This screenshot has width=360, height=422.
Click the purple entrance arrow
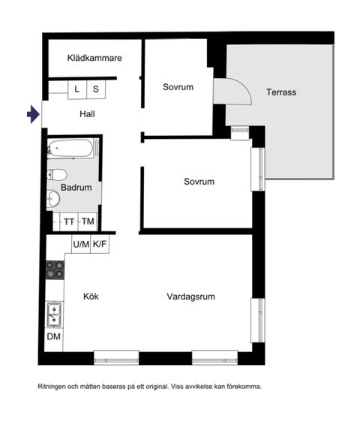pos(32,114)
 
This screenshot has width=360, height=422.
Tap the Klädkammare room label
pos(94,58)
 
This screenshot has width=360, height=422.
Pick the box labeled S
pos(96,89)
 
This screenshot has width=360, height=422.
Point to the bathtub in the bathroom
pos(70,148)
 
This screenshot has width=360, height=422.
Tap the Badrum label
pos(76,188)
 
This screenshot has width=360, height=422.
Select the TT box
pos(69,222)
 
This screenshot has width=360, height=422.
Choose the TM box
pos(88,222)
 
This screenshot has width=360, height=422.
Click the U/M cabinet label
pos(81,244)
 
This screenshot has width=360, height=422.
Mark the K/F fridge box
pos(100,244)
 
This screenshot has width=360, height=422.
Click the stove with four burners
pos(55,269)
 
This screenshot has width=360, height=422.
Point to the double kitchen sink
pos(54,314)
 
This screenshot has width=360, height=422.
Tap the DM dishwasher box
pos(54,337)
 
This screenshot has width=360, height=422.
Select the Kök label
pos(91,297)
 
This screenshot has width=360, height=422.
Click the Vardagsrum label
pos(190,297)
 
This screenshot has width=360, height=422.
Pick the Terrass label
pos(281,92)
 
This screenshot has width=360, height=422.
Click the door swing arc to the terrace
pos(234,93)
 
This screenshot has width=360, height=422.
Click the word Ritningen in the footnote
pos(55,387)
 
